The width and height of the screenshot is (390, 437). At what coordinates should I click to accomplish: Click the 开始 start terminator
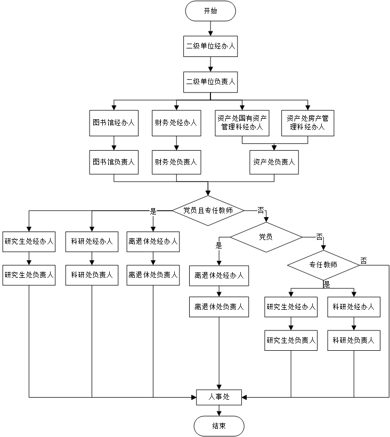click(x=210, y=11)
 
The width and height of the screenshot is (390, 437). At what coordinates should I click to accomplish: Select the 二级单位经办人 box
click(x=210, y=46)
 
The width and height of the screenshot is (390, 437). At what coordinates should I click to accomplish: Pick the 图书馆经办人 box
click(x=113, y=122)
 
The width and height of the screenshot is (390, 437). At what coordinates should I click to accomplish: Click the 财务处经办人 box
click(x=176, y=122)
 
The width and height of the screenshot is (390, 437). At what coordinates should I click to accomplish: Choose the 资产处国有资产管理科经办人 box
click(x=242, y=122)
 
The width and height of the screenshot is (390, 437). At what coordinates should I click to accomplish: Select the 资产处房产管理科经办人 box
click(x=308, y=122)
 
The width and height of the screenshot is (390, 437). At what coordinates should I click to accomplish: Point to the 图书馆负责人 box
click(x=113, y=162)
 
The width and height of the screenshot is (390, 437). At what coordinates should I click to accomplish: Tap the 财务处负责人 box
click(x=176, y=162)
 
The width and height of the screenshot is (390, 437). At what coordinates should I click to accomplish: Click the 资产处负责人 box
click(x=274, y=162)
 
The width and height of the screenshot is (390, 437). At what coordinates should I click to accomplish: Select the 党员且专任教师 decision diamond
click(x=208, y=210)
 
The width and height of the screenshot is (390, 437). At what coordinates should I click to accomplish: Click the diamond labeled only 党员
click(x=265, y=236)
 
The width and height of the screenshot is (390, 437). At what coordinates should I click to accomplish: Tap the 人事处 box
click(x=218, y=396)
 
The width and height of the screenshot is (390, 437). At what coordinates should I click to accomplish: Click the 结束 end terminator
click(x=218, y=426)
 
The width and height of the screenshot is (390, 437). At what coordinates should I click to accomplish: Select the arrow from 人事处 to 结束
click(x=218, y=410)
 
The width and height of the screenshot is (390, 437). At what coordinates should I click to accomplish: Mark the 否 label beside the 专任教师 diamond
click(x=363, y=260)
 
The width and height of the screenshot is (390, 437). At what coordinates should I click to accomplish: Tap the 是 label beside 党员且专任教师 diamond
click(x=154, y=211)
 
